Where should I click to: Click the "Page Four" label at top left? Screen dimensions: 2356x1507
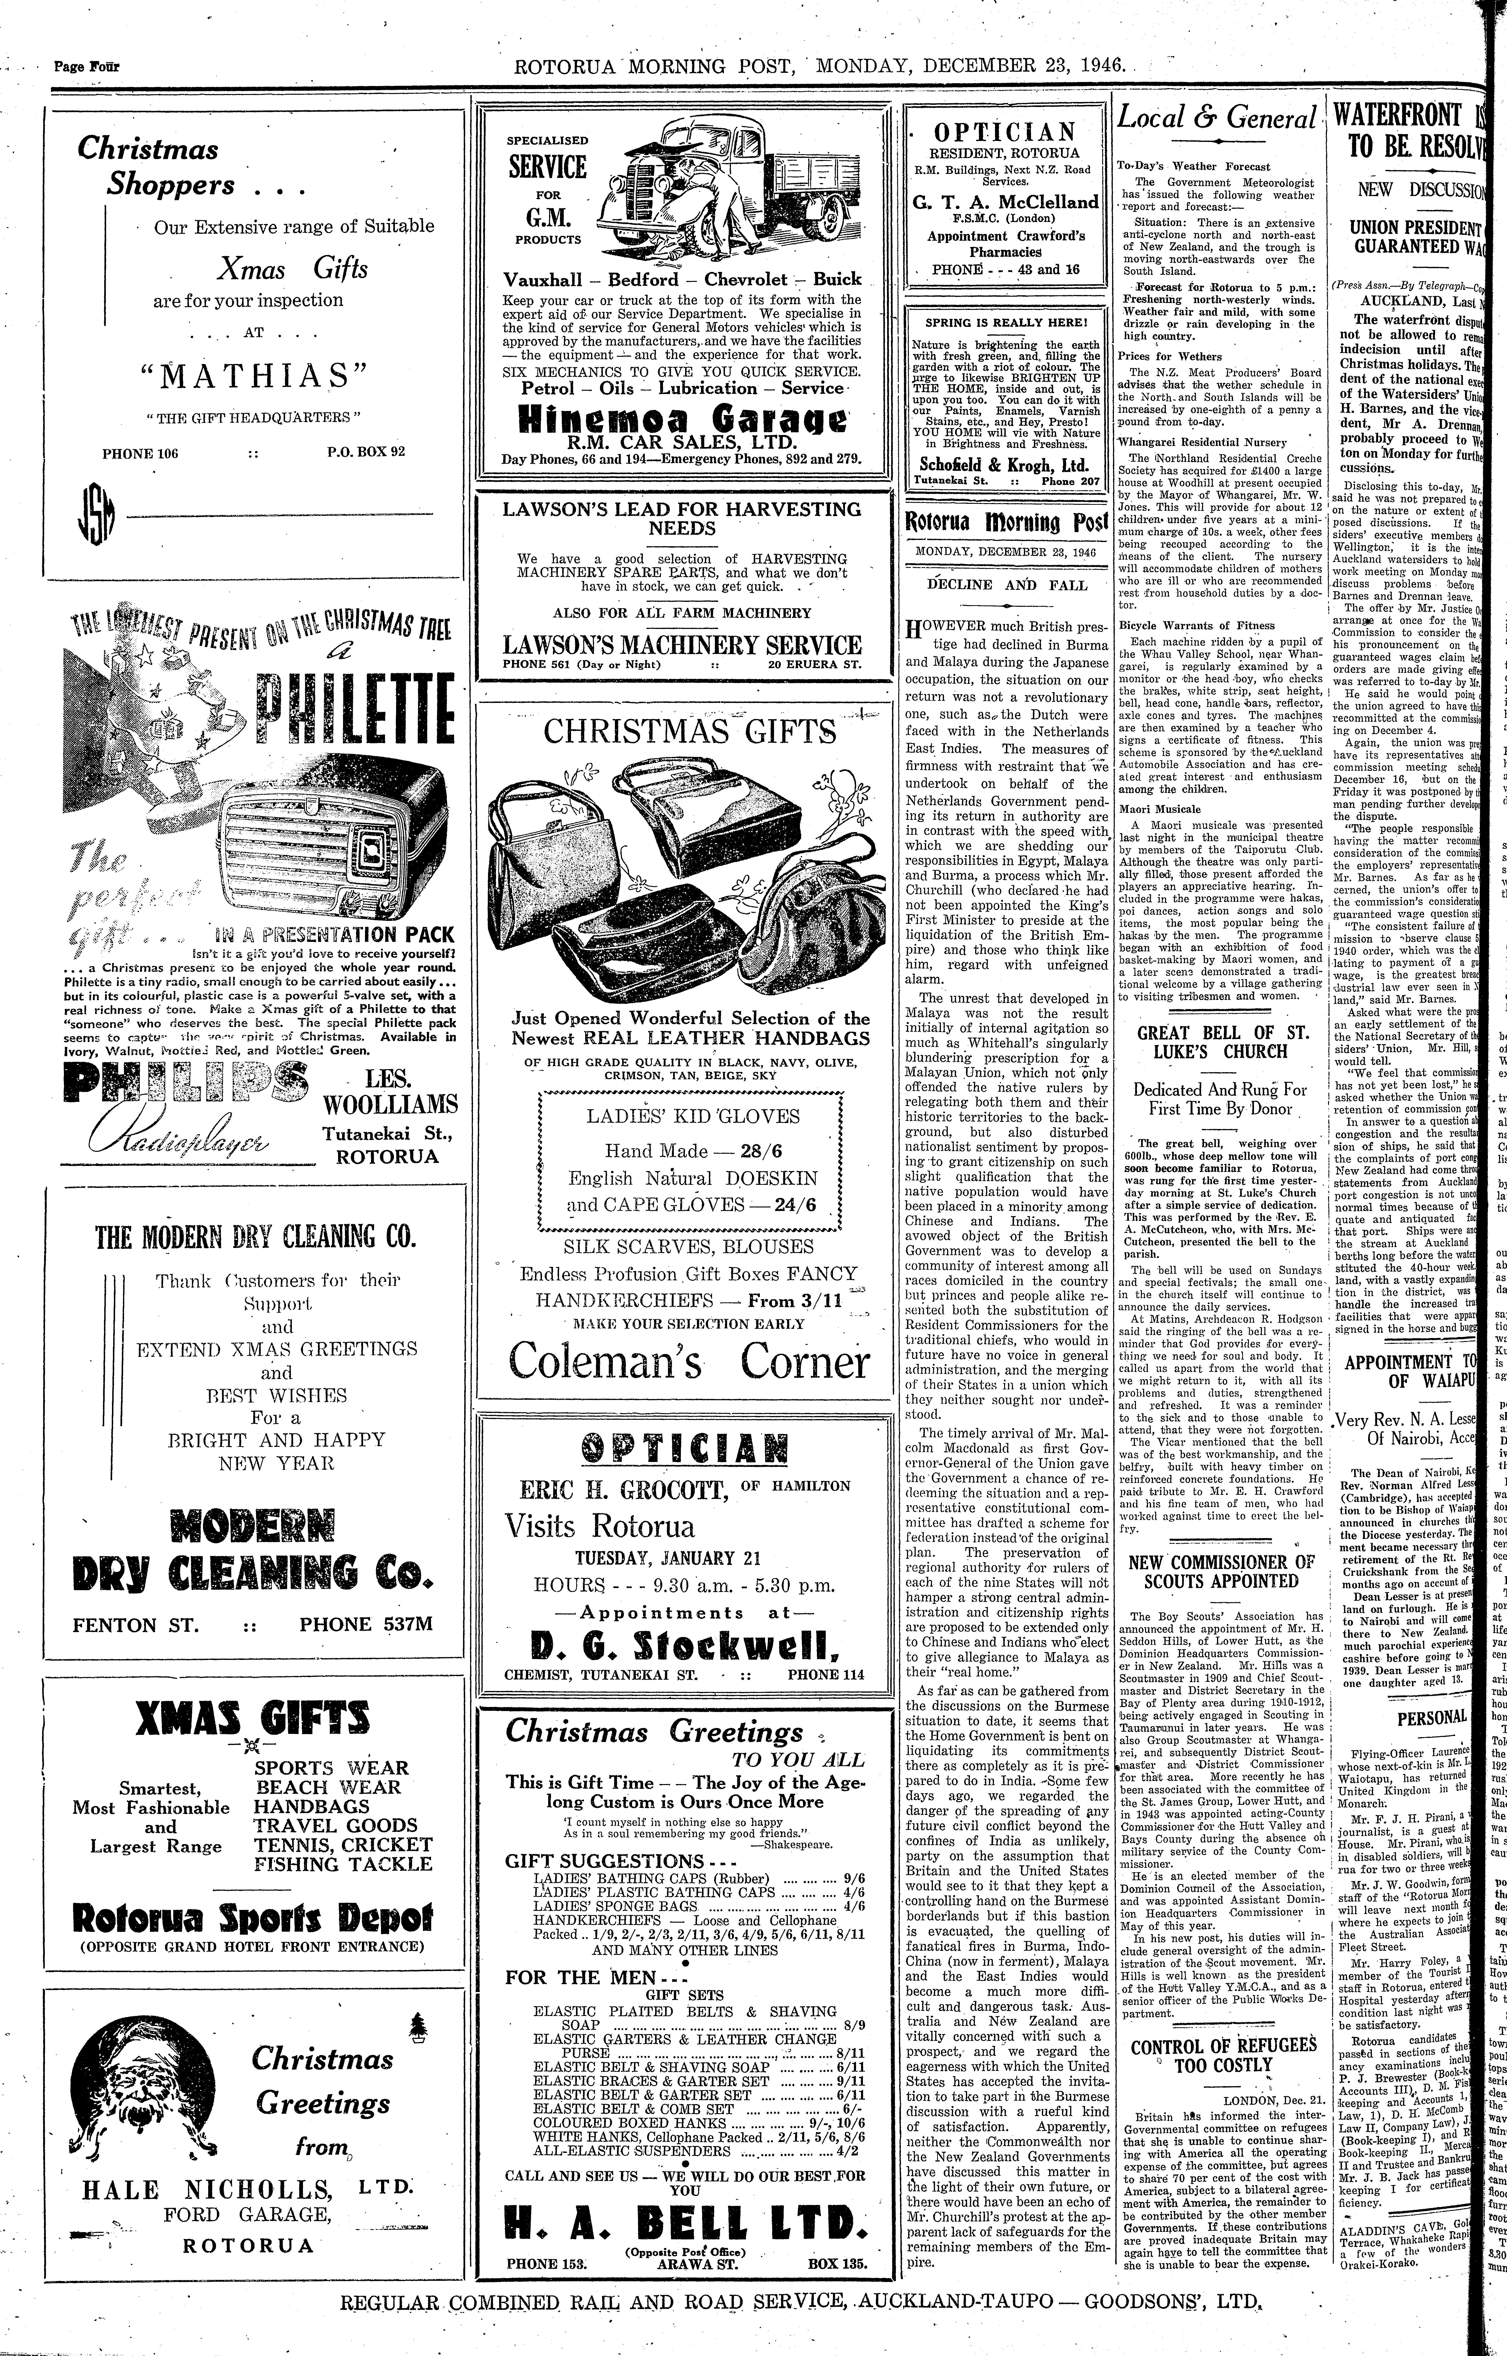click(x=86, y=66)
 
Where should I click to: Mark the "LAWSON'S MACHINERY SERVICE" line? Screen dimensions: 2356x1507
click(x=682, y=646)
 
